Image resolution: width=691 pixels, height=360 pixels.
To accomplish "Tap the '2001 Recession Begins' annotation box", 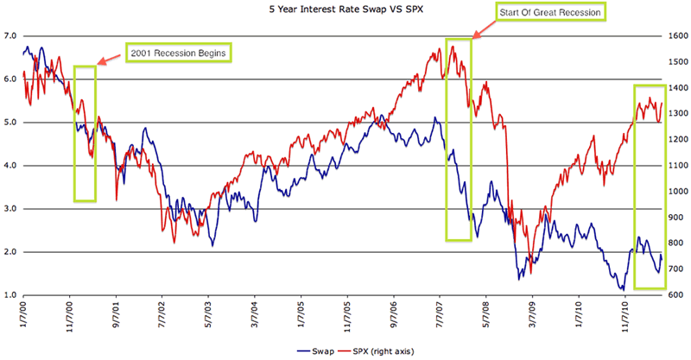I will coord(180,53).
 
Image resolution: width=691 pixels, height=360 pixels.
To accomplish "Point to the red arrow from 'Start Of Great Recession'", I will coord(483,31).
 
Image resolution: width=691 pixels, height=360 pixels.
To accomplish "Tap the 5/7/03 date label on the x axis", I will coord(209,315).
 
